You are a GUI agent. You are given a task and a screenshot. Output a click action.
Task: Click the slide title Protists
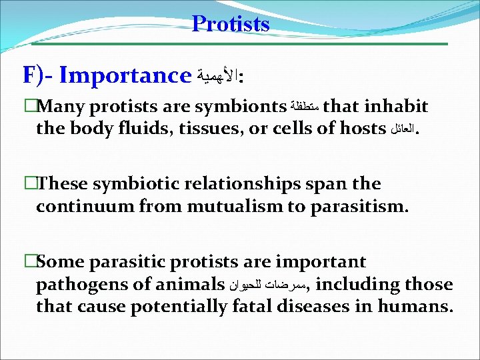[x=231, y=24]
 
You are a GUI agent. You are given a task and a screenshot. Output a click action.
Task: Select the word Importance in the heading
[x=125, y=75]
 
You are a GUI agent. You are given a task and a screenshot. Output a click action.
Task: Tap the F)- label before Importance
[x=38, y=75]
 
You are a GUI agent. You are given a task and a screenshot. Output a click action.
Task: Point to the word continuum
[x=77, y=205]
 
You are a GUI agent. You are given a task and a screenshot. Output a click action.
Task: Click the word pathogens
[x=80, y=285]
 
